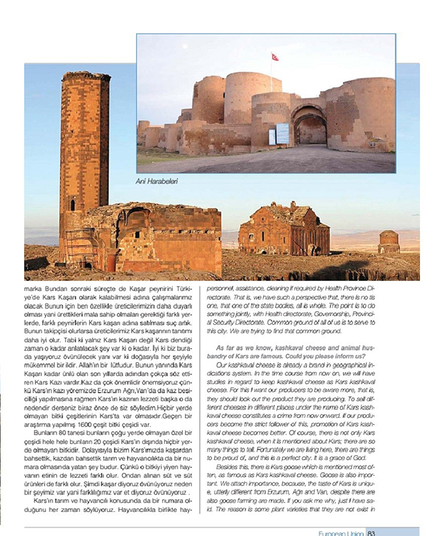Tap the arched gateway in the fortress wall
[x=310, y=128]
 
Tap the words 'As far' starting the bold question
[x=230, y=347]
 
